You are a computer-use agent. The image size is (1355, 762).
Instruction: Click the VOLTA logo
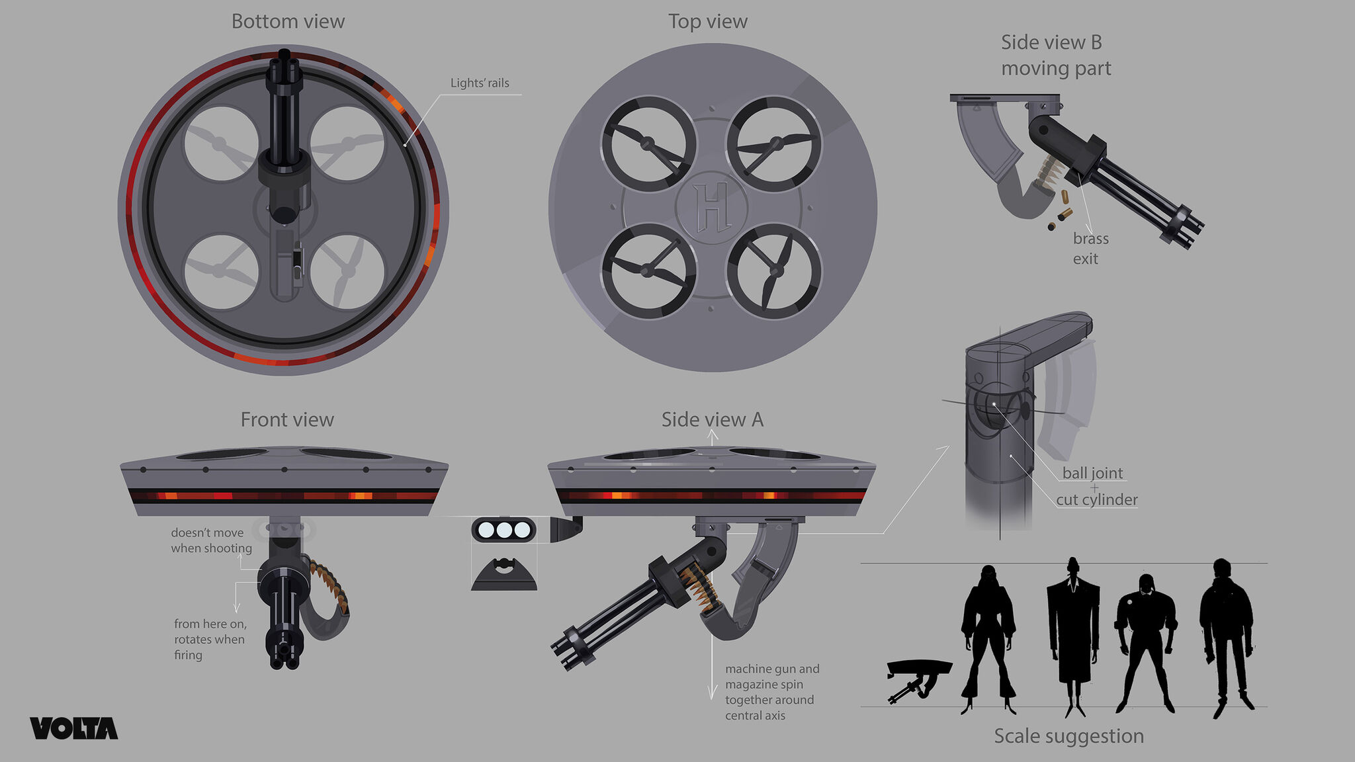click(73, 728)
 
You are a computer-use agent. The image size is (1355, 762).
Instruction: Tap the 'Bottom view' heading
click(288, 22)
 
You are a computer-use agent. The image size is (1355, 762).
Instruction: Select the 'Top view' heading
click(707, 22)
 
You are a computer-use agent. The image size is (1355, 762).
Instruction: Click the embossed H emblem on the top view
click(712, 207)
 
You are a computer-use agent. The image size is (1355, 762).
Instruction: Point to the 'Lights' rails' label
click(480, 83)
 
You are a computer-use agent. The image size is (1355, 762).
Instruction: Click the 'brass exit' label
click(1090, 248)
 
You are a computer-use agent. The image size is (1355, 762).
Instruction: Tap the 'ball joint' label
click(1092, 473)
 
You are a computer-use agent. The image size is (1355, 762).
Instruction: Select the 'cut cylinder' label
click(1096, 499)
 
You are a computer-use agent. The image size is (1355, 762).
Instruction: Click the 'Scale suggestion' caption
click(1069, 736)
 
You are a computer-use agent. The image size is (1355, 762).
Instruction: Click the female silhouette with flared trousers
click(988, 635)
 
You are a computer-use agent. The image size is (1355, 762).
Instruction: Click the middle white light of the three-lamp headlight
click(504, 530)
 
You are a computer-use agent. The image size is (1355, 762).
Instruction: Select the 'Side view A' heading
click(712, 419)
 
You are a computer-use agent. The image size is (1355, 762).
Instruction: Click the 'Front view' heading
click(287, 419)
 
